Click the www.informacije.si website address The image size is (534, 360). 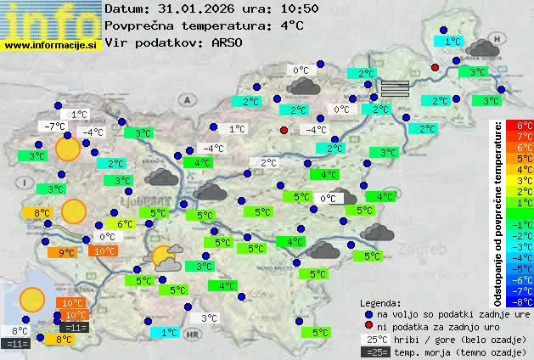click(x=51, y=44)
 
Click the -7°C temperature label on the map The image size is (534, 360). click(x=53, y=126)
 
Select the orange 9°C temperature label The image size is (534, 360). click(x=66, y=252)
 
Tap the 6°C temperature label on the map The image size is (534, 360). click(x=126, y=224)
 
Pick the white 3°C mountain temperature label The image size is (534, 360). click(x=208, y=318)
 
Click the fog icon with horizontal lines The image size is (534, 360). click(x=394, y=87)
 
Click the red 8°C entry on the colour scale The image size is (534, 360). click(x=524, y=126)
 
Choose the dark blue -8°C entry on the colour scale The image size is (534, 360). click(x=524, y=300)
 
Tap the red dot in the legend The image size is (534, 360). click(x=368, y=326)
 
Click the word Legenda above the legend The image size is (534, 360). click(x=381, y=302)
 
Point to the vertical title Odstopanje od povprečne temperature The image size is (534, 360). click(x=500, y=212)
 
